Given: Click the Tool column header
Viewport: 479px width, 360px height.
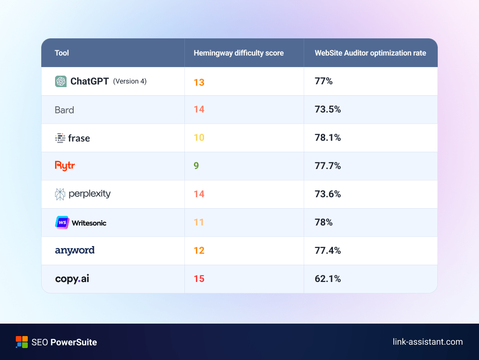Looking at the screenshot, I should (62, 53).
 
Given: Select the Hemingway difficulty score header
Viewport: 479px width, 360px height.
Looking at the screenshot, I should (239, 53).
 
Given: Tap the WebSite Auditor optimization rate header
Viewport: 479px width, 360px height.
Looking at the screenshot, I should (370, 53).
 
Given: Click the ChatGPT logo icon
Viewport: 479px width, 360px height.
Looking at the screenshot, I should (61, 81).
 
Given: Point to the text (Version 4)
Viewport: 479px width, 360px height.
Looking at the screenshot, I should (130, 81).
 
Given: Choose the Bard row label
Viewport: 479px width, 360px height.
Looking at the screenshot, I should (64, 110).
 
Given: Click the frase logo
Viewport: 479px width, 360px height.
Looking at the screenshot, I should (72, 138).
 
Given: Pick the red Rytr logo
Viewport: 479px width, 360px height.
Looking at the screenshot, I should (65, 166).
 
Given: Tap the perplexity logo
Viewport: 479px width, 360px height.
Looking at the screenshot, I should (82, 194).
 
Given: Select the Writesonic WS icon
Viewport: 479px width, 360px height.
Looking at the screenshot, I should (62, 223).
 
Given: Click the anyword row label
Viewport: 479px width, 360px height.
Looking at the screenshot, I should (75, 250).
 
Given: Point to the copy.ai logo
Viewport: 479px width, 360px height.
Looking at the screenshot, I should (72, 279).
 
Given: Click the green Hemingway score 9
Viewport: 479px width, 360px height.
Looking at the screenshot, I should (196, 166).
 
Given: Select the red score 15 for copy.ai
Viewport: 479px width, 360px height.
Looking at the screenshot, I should (199, 279).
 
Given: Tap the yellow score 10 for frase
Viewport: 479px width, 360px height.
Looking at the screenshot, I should (199, 138).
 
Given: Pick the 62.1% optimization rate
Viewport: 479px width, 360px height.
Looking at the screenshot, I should (328, 279).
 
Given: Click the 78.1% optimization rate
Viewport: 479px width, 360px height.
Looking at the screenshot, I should (328, 138).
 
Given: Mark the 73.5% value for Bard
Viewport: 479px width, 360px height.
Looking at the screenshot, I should (328, 110).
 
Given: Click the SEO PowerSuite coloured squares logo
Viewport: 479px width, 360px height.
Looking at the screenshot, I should (22, 342).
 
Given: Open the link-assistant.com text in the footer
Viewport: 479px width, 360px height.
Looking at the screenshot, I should (427, 342).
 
